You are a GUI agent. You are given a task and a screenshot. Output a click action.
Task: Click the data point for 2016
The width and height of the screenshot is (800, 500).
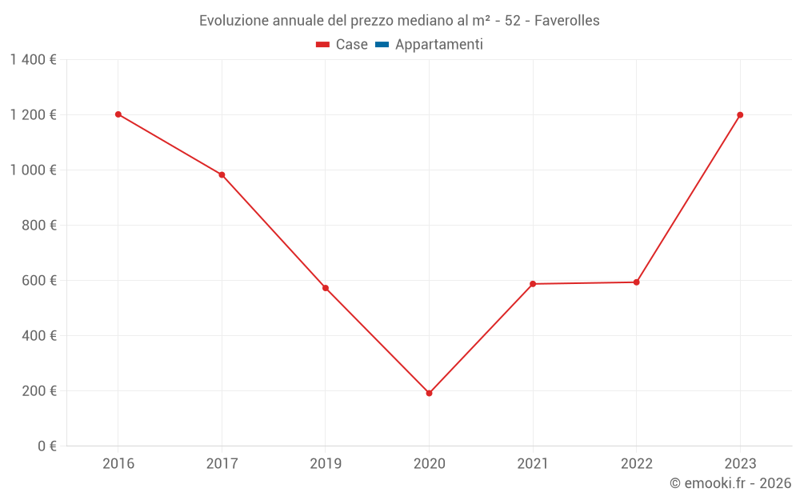tap(118, 114)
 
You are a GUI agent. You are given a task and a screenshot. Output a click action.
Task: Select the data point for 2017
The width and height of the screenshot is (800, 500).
tap(222, 174)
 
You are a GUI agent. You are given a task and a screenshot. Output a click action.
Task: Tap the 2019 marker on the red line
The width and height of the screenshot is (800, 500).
tap(326, 288)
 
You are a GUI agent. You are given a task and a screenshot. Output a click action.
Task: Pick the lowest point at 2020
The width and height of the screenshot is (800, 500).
tap(429, 393)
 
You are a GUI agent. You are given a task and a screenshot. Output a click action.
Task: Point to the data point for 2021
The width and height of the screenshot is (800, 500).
tap(533, 284)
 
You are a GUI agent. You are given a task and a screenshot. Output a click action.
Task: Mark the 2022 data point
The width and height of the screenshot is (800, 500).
tap(636, 282)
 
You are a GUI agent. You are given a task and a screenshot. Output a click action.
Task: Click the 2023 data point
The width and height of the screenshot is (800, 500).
tap(740, 115)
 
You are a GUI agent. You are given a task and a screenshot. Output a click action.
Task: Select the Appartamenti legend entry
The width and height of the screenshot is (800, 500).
tap(438, 45)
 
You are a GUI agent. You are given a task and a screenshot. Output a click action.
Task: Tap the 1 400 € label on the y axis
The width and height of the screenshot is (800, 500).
tap(33, 60)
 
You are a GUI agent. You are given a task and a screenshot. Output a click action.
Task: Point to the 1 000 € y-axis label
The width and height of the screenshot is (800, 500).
tap(33, 170)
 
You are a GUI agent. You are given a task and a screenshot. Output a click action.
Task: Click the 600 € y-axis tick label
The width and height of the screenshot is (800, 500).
tap(38, 281)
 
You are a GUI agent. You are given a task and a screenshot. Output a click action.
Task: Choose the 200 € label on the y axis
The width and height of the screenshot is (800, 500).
tap(38, 391)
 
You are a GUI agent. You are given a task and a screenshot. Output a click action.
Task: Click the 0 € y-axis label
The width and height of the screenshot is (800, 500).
tap(46, 446)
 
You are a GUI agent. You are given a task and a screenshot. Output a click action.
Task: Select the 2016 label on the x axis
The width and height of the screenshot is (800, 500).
tap(118, 463)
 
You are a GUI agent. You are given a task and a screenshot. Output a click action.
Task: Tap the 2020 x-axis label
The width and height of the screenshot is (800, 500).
tap(429, 463)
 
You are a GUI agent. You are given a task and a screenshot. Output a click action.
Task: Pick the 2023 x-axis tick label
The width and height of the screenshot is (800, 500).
tap(740, 463)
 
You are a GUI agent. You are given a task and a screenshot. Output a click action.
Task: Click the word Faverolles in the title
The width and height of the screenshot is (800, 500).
tap(566, 21)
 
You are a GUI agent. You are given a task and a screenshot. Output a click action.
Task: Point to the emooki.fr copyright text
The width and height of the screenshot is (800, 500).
tap(730, 483)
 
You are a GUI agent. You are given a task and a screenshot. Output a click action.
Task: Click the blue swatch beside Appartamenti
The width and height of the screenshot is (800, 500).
tap(382, 45)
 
